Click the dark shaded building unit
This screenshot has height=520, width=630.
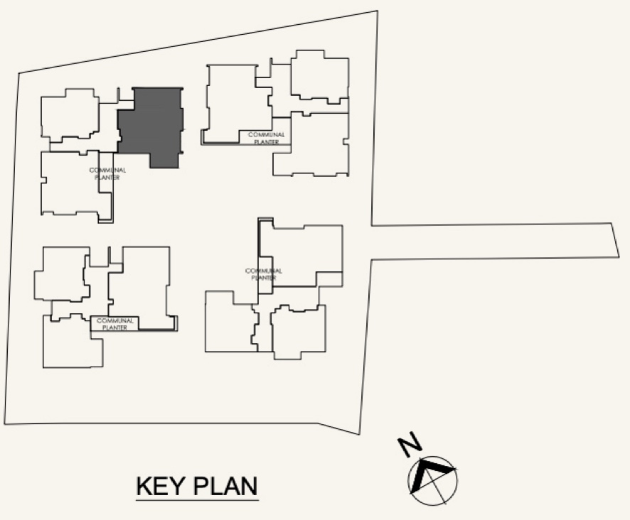click(151, 124)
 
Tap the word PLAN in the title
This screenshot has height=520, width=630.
click(225, 486)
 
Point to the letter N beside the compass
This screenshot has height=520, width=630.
click(410, 444)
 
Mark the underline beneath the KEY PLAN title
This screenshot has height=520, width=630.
click(197, 500)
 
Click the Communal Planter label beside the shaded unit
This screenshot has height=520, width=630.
click(107, 173)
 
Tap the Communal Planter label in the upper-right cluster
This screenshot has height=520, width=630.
click(267, 138)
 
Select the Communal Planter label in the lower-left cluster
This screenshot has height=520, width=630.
click(115, 324)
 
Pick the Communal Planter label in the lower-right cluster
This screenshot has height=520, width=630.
click(264, 274)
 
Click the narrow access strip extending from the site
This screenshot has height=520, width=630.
click(495, 242)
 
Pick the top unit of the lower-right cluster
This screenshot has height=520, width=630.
click(301, 253)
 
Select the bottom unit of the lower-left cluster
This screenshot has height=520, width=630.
click(72, 341)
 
